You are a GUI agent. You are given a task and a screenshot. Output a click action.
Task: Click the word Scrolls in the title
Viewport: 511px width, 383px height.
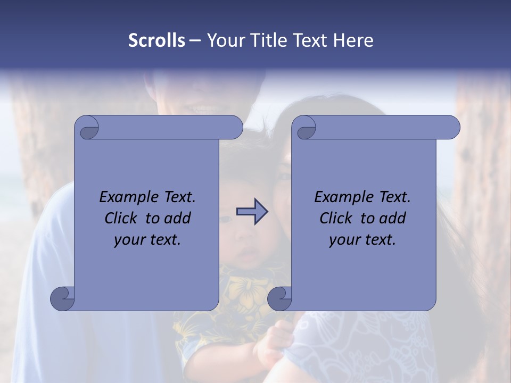156,40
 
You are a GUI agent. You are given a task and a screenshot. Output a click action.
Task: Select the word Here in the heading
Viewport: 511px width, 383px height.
353,40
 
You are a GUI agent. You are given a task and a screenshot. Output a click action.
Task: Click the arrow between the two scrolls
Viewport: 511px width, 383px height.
252,212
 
